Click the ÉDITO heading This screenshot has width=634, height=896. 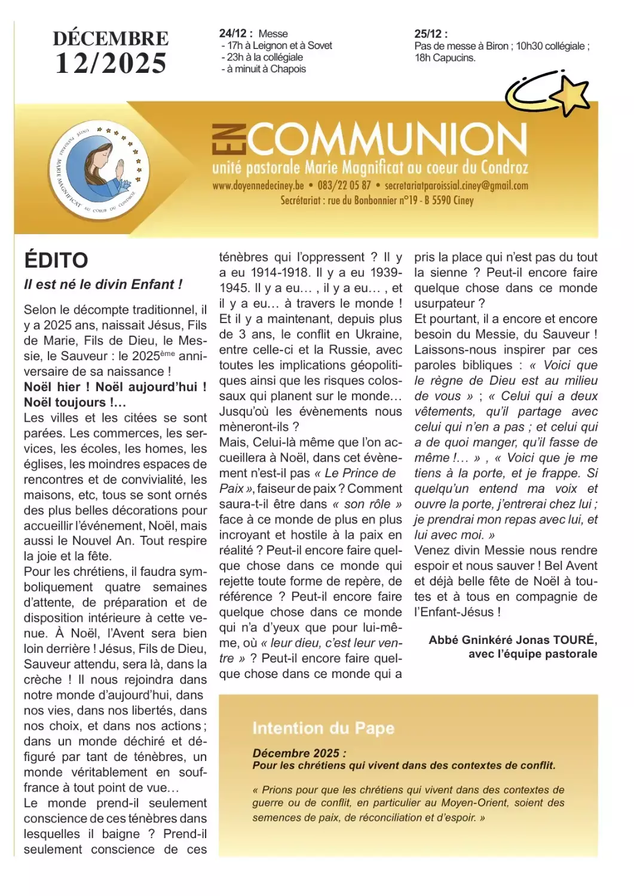[x=56, y=260]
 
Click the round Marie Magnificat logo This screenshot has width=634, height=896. [x=99, y=170]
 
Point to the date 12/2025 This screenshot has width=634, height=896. [x=111, y=63]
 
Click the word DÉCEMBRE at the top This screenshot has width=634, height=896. [x=111, y=38]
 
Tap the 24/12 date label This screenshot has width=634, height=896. [x=235, y=34]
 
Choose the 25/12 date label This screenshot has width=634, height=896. [x=430, y=34]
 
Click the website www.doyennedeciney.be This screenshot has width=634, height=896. [x=258, y=186]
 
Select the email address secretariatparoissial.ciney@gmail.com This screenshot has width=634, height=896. [x=457, y=186]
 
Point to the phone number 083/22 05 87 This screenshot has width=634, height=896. [x=344, y=186]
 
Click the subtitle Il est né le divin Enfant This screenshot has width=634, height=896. [x=103, y=285]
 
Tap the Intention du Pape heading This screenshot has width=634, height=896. [x=323, y=728]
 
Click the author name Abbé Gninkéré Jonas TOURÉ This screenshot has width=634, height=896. [x=513, y=640]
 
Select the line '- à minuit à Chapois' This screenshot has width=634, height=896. [x=264, y=69]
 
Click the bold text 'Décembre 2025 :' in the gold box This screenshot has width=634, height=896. [x=299, y=753]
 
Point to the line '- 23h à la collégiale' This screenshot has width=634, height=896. [x=262, y=57]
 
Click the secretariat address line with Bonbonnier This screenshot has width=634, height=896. [x=377, y=201]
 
